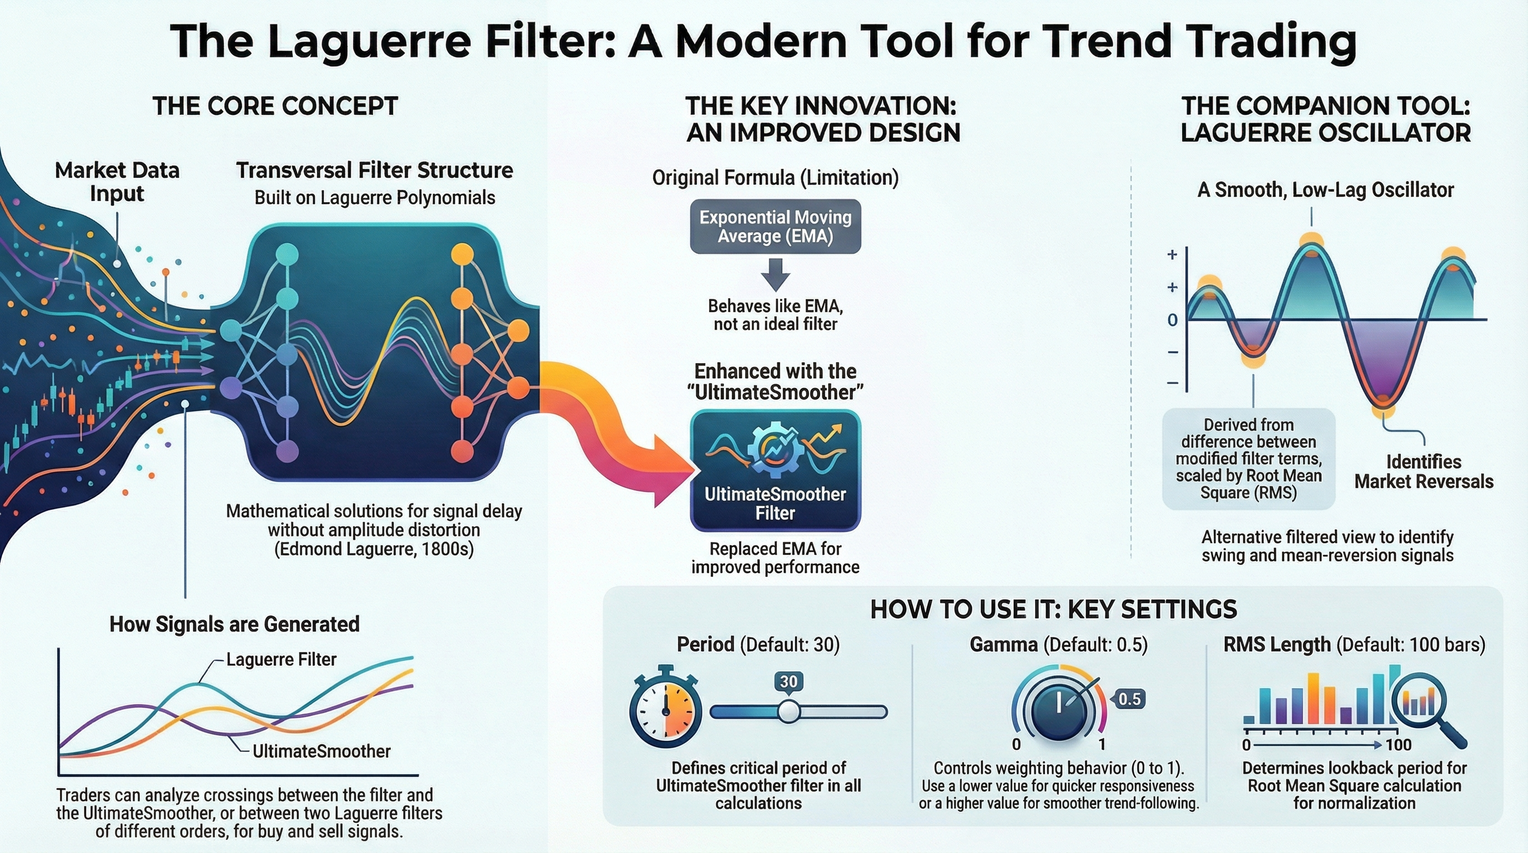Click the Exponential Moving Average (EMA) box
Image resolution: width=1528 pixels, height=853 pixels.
(x=775, y=227)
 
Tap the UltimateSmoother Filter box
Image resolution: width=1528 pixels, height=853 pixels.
(x=775, y=470)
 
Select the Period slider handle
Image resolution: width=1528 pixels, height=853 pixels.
(x=789, y=711)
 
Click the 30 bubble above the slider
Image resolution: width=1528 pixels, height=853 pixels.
(x=789, y=681)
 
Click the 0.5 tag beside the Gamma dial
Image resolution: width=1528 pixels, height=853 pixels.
(x=1128, y=699)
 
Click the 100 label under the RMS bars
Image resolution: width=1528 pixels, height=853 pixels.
(x=1399, y=745)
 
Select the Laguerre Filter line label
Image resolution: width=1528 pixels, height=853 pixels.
(x=281, y=660)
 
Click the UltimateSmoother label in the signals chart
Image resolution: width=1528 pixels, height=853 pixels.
(x=321, y=751)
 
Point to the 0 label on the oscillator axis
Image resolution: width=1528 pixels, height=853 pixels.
(x=1172, y=320)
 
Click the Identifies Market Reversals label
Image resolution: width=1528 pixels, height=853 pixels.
(x=1424, y=471)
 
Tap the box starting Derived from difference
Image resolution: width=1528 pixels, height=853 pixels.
(x=1249, y=459)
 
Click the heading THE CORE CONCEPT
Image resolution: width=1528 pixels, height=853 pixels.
(x=275, y=107)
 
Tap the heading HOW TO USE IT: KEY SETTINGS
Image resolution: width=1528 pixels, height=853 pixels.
(x=1053, y=610)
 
